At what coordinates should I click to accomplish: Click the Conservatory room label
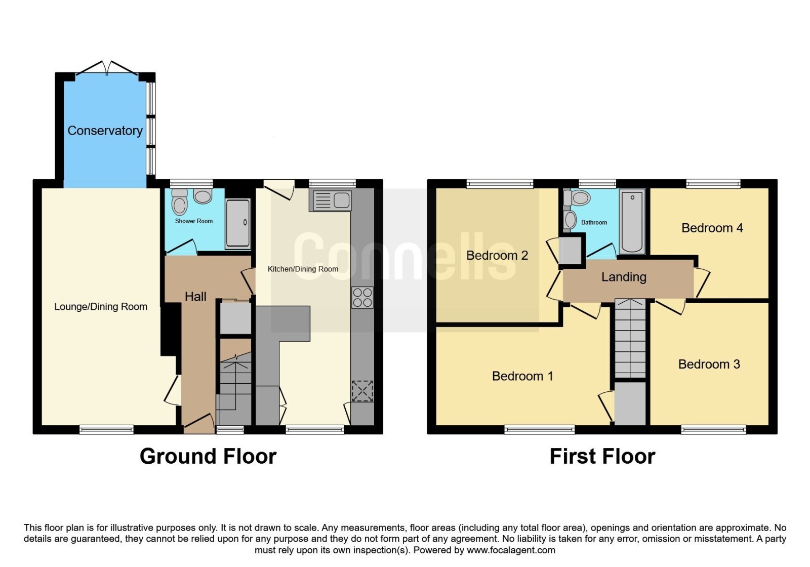click(x=105, y=131)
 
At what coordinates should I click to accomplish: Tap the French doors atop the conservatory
click(x=107, y=68)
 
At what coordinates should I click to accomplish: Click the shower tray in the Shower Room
click(x=237, y=223)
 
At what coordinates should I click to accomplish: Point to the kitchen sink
click(x=330, y=200)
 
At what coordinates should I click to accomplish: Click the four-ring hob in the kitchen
click(x=362, y=297)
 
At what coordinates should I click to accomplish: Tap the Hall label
click(x=195, y=297)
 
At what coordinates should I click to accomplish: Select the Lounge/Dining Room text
click(x=101, y=307)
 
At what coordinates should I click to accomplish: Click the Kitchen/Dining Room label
click(x=303, y=269)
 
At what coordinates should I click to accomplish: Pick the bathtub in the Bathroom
click(x=632, y=221)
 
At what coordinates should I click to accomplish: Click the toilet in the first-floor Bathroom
click(x=577, y=198)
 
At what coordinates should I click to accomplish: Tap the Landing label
click(x=624, y=277)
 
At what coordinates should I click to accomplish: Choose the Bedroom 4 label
click(x=712, y=228)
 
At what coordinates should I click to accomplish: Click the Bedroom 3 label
click(x=709, y=364)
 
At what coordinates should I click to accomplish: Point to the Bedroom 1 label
click(x=522, y=376)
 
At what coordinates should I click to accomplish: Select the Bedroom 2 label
click(x=497, y=255)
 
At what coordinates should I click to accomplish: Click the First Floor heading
click(x=602, y=456)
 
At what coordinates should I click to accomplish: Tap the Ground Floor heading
click(x=208, y=456)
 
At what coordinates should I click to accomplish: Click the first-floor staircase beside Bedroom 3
click(x=630, y=339)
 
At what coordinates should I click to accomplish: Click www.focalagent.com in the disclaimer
click(x=511, y=550)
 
